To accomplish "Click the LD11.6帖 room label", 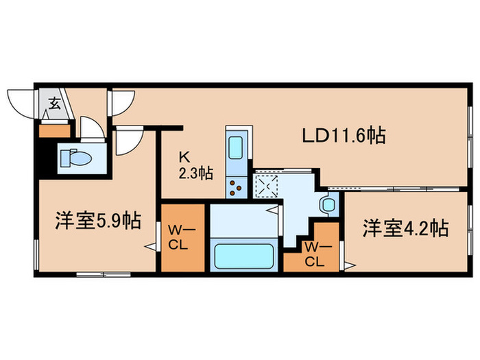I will [x=344, y=136].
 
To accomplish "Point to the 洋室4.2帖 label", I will [x=405, y=228].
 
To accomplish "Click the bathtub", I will [x=244, y=256].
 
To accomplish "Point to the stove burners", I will [x=235, y=185].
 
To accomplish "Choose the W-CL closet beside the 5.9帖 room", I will [x=182, y=237].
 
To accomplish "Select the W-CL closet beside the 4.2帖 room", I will [x=313, y=254].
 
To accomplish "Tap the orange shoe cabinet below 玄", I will [x=55, y=130].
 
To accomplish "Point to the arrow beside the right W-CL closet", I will [x=349, y=264].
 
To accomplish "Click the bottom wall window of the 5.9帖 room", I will [x=94, y=274].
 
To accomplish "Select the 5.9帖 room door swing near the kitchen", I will [x=126, y=141].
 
